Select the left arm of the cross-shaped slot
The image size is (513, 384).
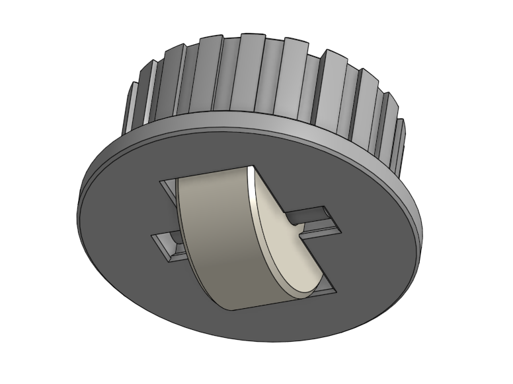[166, 245]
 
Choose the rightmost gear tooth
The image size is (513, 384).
[399, 135]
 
